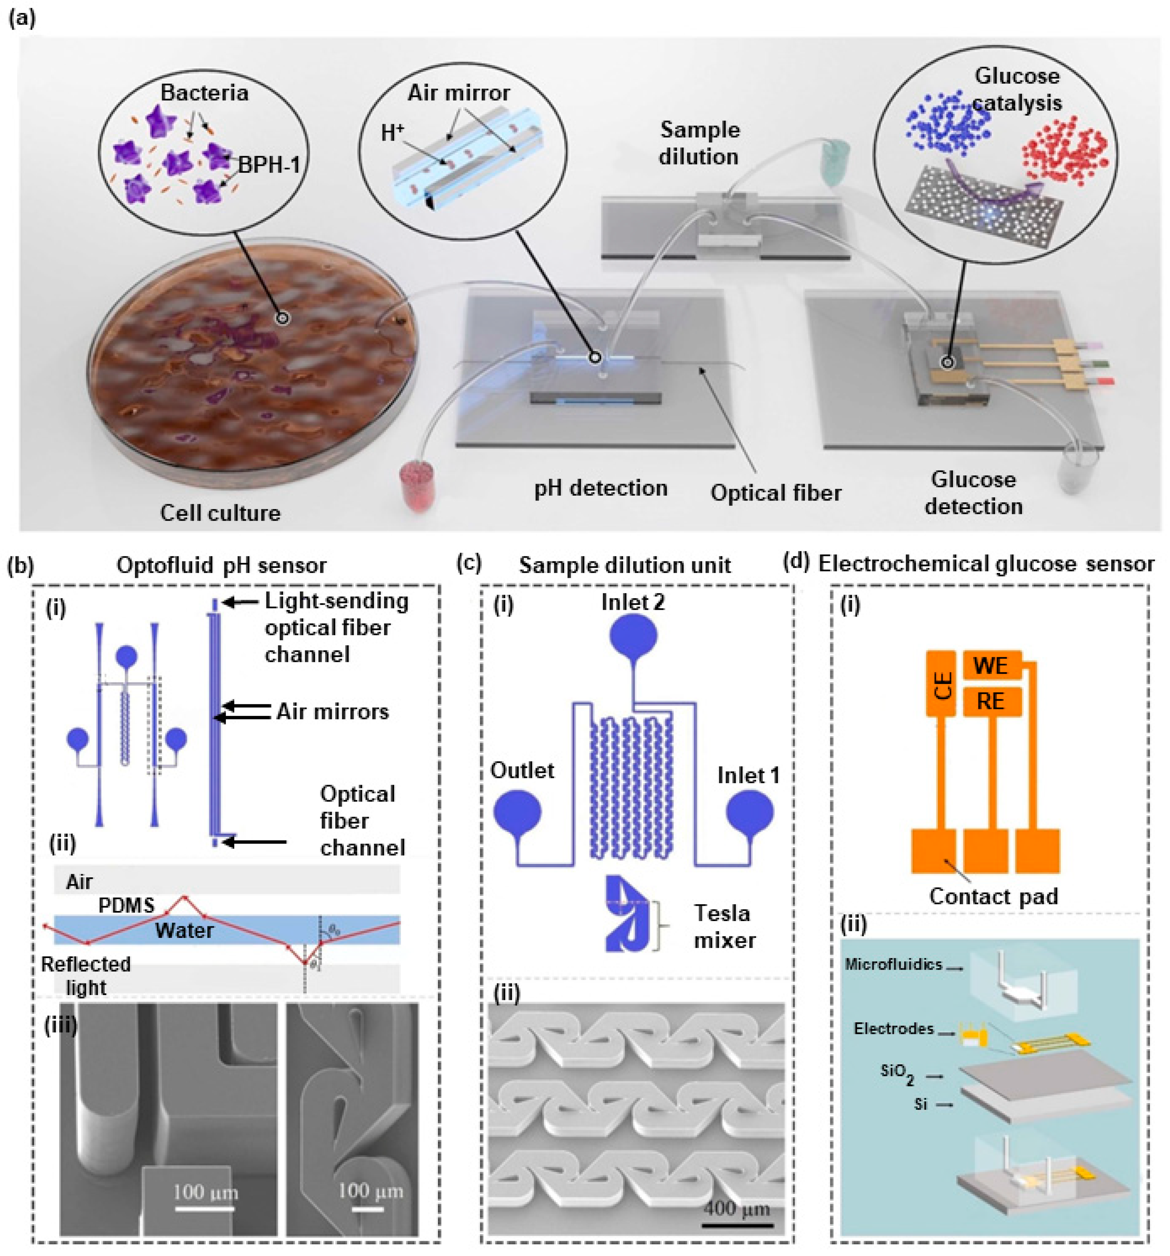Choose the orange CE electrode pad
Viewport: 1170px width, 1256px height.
[x=940, y=684]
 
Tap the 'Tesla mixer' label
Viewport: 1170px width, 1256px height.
[x=724, y=927]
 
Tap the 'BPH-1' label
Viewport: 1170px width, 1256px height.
[x=268, y=166]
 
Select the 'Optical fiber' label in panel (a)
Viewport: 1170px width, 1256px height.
[x=776, y=493]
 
